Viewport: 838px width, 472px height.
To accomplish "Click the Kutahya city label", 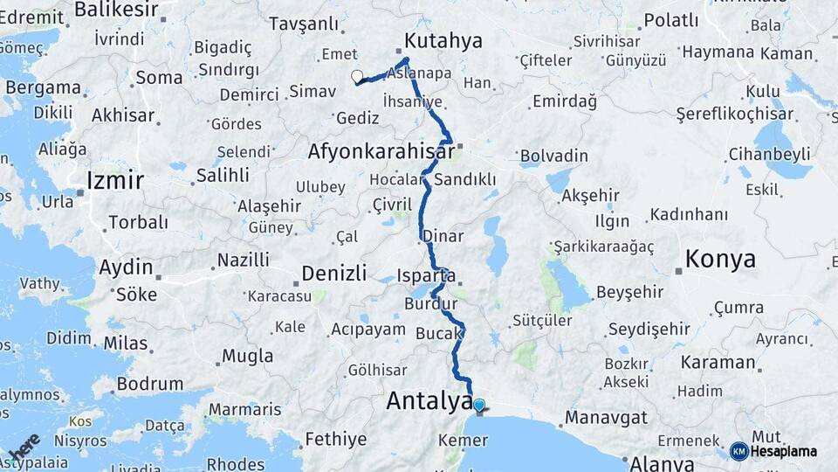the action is coord(443,41).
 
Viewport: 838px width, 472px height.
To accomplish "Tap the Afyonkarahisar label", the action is coord(381,152).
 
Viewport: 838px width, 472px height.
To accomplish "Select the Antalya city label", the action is coord(429,401).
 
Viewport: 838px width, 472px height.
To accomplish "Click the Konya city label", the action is coord(720,259).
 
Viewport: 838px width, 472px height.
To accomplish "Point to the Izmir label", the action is coord(115,181).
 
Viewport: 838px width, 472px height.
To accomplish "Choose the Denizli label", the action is coord(334,274).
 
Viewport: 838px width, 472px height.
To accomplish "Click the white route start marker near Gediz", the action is coord(357,77).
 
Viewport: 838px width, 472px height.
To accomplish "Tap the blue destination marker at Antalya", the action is coord(478,406).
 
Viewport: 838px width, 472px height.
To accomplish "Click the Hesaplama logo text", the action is coord(783,451).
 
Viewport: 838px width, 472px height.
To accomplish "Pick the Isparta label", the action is coord(426,275).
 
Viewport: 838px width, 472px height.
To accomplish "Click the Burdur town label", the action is coord(425,304).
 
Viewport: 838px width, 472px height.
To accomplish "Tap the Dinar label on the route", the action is coord(443,236).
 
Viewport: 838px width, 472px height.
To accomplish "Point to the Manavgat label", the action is coord(606,418).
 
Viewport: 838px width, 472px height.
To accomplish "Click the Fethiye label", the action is coord(336,439).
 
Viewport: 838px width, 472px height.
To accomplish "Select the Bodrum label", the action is coord(150,384).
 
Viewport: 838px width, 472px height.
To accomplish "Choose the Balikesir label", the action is coord(116,10).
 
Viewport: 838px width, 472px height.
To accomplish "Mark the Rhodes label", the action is coord(235,463).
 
